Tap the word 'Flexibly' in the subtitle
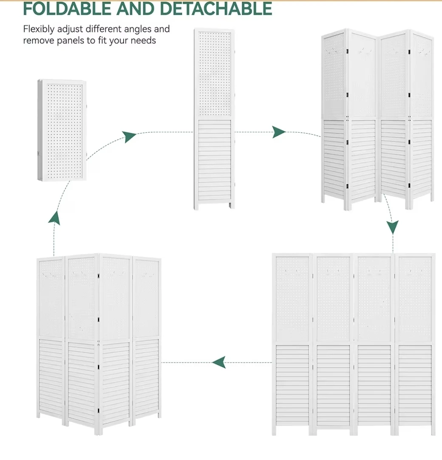point(39,29)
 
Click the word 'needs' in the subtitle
point(143,40)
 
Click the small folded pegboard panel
point(62,130)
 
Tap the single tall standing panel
point(214,119)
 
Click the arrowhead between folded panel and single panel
point(129,136)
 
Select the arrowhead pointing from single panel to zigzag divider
point(279,132)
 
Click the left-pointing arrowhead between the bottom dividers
point(219,362)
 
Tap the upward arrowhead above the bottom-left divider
point(54,218)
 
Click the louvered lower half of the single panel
point(214,160)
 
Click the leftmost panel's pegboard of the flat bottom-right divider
point(292,299)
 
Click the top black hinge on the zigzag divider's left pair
point(347,51)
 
